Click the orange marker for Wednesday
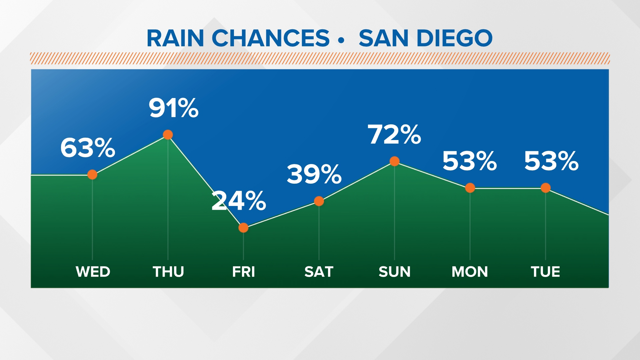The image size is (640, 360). click(x=92, y=174)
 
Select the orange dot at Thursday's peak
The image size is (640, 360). click(x=168, y=135)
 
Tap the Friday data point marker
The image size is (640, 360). click(x=243, y=228)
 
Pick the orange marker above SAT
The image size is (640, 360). click(x=319, y=201)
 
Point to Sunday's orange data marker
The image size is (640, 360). click(x=394, y=161)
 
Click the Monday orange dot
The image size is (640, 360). click(x=470, y=188)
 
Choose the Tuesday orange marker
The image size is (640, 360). click(x=546, y=188)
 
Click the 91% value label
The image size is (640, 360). click(x=174, y=108)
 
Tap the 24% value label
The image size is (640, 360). click(x=239, y=201)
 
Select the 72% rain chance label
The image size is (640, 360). click(x=394, y=135)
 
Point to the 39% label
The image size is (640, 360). click(x=314, y=174)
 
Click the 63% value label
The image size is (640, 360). click(x=88, y=148)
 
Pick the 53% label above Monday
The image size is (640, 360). click(x=470, y=161)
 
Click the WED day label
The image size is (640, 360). click(x=93, y=272)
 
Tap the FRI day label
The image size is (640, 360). click(x=244, y=272)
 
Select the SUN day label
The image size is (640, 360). click(x=395, y=272)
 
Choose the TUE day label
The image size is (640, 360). click(x=546, y=272)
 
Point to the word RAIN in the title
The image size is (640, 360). click(x=175, y=38)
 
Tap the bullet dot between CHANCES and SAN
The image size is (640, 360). click(x=341, y=40)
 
